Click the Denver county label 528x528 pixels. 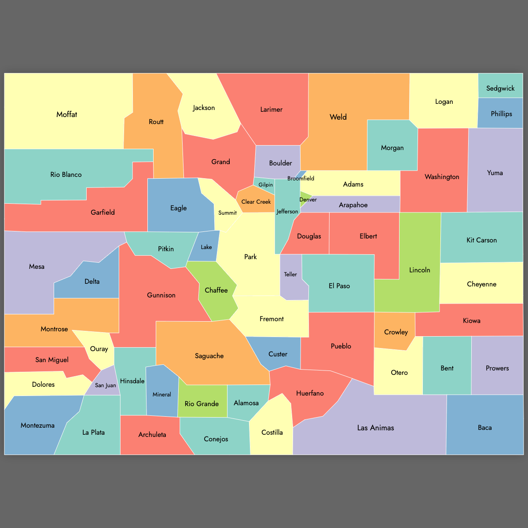point(308,200)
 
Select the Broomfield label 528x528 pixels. point(301,178)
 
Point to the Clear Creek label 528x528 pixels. point(256,202)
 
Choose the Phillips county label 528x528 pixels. point(501,114)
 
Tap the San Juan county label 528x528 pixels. point(106,385)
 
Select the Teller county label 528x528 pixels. point(290,275)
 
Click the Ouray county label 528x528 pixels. point(99,349)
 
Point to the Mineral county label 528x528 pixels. point(162,395)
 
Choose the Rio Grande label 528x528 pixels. point(202,404)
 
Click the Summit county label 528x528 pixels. point(227,213)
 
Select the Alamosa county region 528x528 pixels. point(246,403)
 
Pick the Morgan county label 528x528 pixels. point(392,148)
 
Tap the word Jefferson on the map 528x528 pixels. point(287,212)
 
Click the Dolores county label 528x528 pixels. point(44,385)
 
